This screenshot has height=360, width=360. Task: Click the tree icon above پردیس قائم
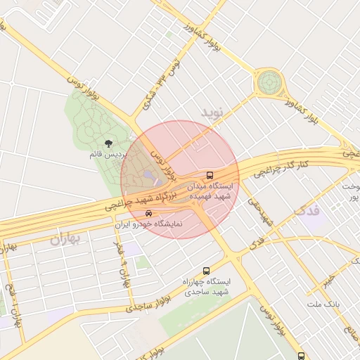click(108, 143)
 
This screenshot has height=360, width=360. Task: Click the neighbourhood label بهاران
click(65, 239)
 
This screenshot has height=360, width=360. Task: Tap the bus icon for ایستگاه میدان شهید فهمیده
click(209, 175)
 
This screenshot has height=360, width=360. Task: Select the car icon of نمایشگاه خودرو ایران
click(148, 213)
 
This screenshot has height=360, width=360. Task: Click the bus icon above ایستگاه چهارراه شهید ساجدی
click(206, 271)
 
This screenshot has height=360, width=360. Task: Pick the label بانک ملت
click(323, 304)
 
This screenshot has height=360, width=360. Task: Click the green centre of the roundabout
click(268, 83)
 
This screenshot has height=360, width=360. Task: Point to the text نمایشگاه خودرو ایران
click(148, 224)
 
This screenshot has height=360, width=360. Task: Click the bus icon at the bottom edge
click(301, 356)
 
